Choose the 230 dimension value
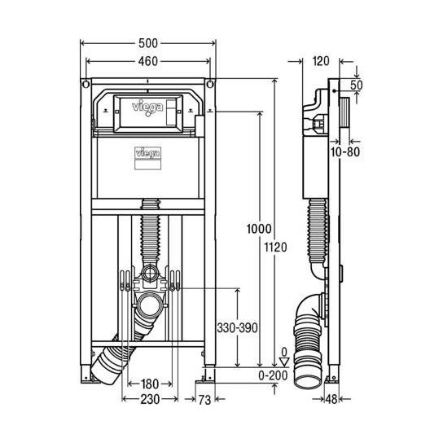[x=147, y=399]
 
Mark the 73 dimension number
[x=206, y=399]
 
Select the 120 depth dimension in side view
[x=320, y=59]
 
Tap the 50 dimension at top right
[x=357, y=85]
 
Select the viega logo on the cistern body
[x=147, y=151]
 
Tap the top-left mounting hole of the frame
[x=84, y=84]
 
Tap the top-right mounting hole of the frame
[x=210, y=84]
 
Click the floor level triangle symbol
[x=284, y=363]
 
